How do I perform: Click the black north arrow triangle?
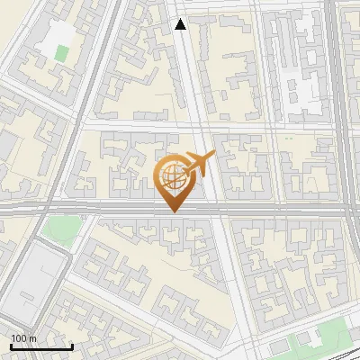tap(180, 24)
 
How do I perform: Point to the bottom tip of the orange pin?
tap(172, 211)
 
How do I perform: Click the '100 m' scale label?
tap(23, 338)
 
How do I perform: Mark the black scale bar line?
tap(40, 346)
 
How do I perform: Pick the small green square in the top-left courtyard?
tap(60, 52)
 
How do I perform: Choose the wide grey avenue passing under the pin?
tap(270, 208)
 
